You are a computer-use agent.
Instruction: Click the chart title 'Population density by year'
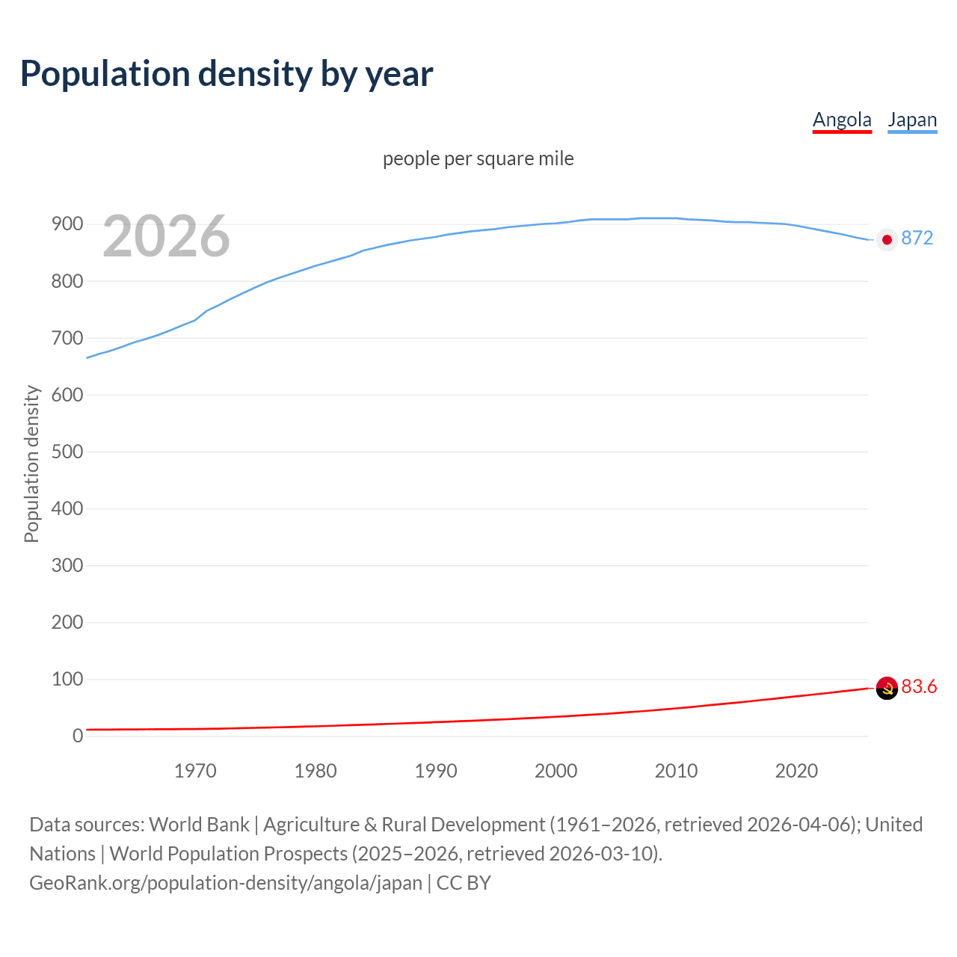(227, 74)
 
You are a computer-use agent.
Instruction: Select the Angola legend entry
(842, 120)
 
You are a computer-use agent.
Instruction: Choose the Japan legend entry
(912, 120)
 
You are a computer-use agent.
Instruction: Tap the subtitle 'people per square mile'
(478, 159)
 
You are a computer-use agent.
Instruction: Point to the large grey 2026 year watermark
(166, 236)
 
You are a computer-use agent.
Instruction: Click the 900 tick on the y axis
(67, 224)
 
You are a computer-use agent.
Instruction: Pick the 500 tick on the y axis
(67, 452)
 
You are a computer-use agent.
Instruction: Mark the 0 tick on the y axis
(77, 736)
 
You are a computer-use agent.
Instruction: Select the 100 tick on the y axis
(67, 679)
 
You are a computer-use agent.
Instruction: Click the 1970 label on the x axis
(195, 771)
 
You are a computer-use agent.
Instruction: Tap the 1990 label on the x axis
(436, 771)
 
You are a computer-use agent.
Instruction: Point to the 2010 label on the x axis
(676, 771)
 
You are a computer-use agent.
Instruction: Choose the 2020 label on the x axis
(796, 771)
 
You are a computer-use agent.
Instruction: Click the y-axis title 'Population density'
(31, 464)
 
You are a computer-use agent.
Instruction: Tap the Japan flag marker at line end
(887, 239)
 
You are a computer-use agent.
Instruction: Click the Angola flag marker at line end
(887, 688)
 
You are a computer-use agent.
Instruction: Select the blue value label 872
(917, 239)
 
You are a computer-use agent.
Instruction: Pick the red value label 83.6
(919, 687)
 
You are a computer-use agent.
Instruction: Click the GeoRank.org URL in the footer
(226, 883)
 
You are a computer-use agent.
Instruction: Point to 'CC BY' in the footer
(464, 883)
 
